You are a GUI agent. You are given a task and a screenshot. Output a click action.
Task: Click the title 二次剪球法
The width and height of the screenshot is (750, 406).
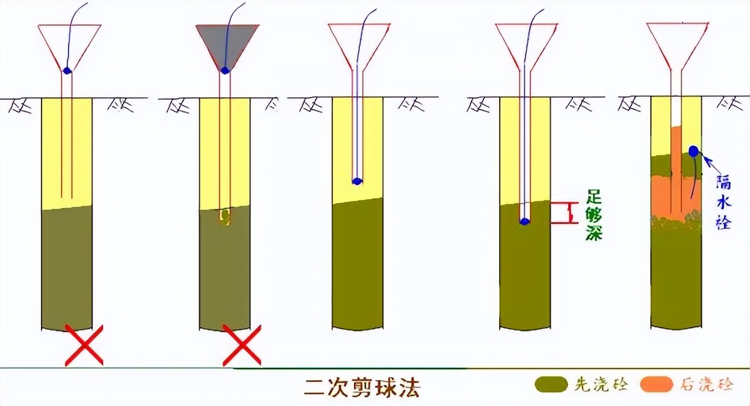pyautogui.click(x=362, y=388)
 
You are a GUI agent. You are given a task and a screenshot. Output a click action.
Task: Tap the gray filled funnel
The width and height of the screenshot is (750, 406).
pyautogui.click(x=227, y=43)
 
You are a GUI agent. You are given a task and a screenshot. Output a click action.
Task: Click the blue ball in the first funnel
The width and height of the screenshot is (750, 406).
pyautogui.click(x=67, y=71)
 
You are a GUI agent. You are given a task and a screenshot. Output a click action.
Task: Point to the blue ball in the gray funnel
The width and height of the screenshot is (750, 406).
pyautogui.click(x=226, y=70)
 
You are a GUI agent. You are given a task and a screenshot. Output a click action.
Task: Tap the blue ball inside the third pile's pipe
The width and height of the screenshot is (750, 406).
pyautogui.click(x=357, y=181)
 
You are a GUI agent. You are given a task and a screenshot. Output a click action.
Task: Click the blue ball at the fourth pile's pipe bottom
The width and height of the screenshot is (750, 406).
pyautogui.click(x=524, y=221)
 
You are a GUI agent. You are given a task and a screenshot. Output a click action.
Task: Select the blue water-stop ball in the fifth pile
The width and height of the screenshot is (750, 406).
pyautogui.click(x=693, y=151)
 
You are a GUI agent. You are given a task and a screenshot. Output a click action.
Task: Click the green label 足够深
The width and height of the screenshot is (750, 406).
pyautogui.click(x=594, y=215)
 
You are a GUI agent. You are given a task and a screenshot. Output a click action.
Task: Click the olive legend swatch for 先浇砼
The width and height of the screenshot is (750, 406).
pyautogui.click(x=551, y=384)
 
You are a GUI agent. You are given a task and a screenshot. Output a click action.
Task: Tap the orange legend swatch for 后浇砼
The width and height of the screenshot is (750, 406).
pyautogui.click(x=656, y=384)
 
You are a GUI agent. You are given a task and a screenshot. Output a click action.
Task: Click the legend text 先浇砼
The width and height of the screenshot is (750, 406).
pyautogui.click(x=601, y=385)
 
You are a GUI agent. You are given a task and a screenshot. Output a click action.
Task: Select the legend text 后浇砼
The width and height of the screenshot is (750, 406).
pyautogui.click(x=707, y=385)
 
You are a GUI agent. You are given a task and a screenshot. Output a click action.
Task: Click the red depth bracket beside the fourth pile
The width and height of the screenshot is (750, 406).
pyautogui.click(x=566, y=213)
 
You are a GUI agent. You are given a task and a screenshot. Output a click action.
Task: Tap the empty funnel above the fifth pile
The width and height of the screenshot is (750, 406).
pyautogui.click(x=677, y=47)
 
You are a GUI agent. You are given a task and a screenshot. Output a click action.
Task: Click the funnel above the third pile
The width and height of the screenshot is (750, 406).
pyautogui.click(x=359, y=47)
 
